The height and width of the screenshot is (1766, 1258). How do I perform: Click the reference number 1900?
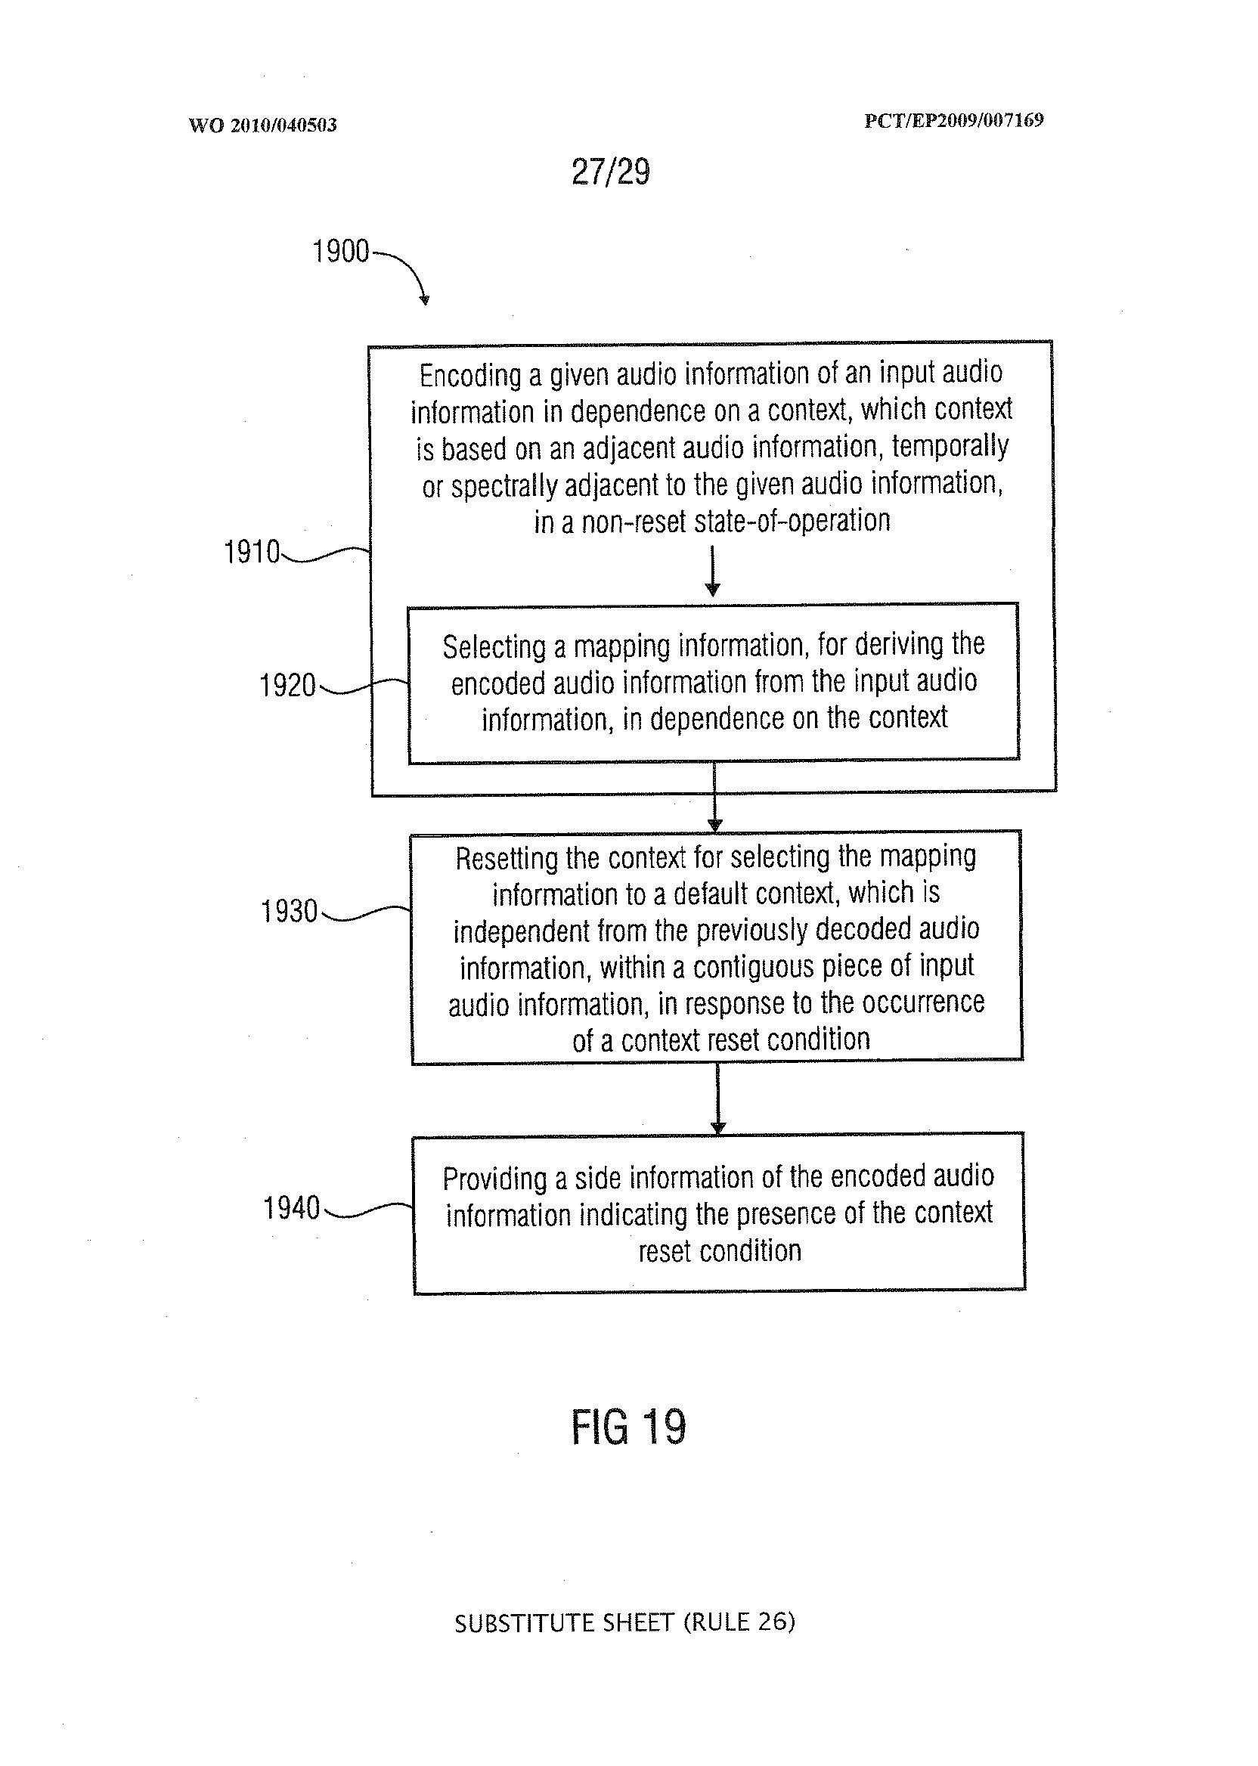click(340, 252)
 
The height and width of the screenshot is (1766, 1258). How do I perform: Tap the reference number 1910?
click(251, 553)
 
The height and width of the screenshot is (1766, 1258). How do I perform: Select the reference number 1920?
click(287, 686)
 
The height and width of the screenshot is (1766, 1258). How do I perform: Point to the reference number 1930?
click(289, 912)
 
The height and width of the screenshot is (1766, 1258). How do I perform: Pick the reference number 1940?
click(291, 1207)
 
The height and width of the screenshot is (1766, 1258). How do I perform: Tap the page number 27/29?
click(610, 172)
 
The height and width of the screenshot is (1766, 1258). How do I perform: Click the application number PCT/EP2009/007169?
click(953, 121)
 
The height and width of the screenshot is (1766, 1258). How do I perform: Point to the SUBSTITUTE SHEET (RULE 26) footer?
click(624, 1621)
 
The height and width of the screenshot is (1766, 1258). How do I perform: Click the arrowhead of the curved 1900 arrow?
click(424, 301)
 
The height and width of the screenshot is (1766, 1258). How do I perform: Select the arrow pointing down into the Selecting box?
click(713, 573)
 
